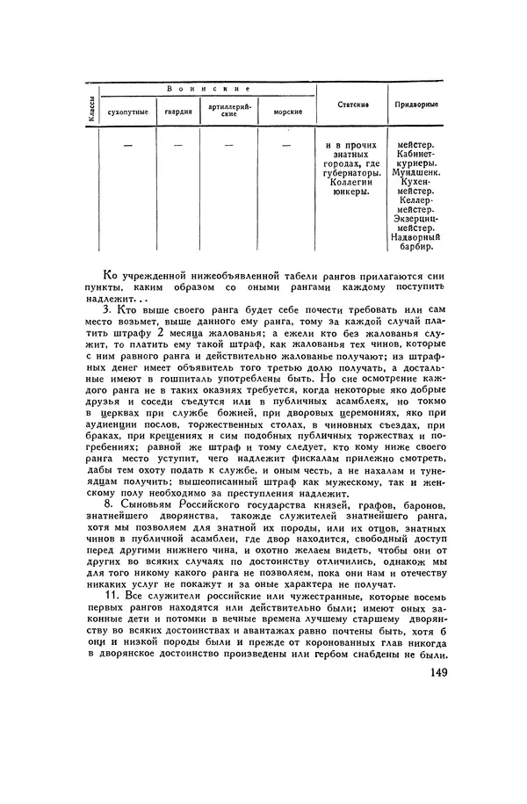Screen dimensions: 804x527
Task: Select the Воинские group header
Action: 208,90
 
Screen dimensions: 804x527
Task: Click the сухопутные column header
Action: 127,112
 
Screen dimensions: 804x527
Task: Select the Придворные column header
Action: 415,105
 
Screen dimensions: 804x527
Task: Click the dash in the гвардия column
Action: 178,144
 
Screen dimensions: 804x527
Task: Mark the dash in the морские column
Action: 286,144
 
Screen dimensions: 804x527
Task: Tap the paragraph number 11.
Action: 110,595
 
